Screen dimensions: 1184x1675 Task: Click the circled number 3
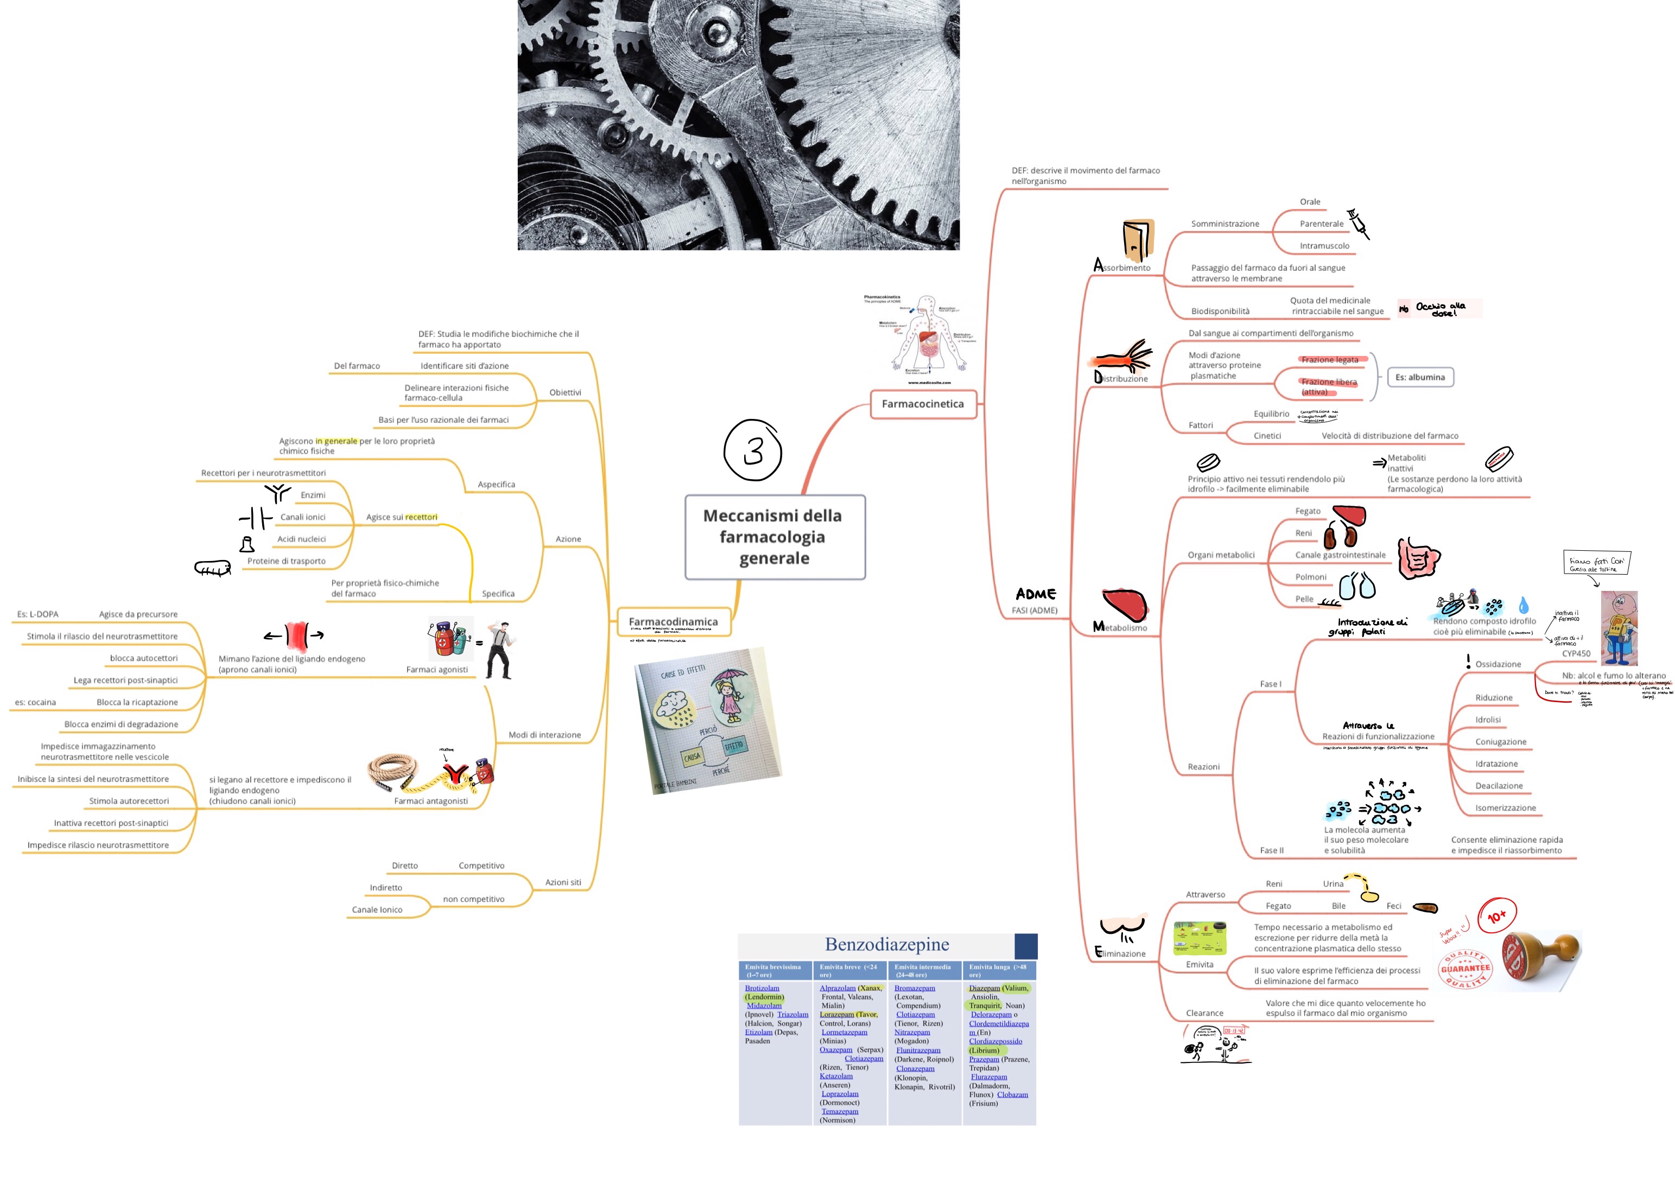[753, 450]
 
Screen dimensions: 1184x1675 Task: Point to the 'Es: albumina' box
[1420, 377]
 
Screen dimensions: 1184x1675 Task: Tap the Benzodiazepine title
[886, 945]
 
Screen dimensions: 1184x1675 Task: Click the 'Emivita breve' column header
[848, 970]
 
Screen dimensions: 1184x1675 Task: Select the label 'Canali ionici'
[303, 517]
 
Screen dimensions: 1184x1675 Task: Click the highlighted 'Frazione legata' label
[1330, 360]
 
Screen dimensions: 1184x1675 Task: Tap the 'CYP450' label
[1576, 654]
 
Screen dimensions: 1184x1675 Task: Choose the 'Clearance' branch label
[1204, 1013]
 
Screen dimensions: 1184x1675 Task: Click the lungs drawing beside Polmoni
[1357, 585]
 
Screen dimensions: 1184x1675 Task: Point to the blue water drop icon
[1523, 605]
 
